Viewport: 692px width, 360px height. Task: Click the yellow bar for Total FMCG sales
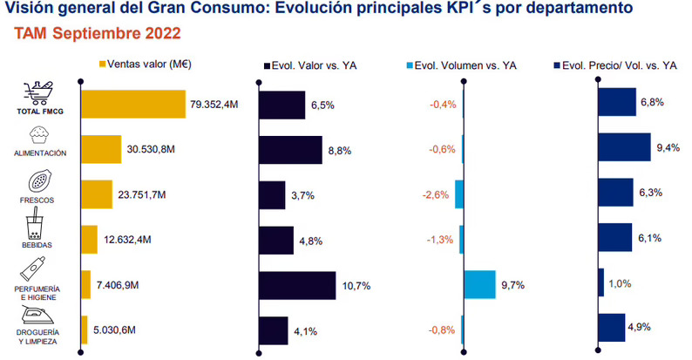click(132, 104)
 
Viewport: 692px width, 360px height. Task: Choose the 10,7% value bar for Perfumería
click(297, 285)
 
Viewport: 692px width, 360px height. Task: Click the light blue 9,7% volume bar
click(479, 285)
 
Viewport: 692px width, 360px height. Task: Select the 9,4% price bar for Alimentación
click(624, 149)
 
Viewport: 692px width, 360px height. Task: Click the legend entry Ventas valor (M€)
click(146, 65)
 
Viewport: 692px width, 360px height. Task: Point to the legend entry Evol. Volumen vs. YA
click(462, 65)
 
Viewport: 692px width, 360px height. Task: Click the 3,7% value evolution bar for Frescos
click(273, 194)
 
